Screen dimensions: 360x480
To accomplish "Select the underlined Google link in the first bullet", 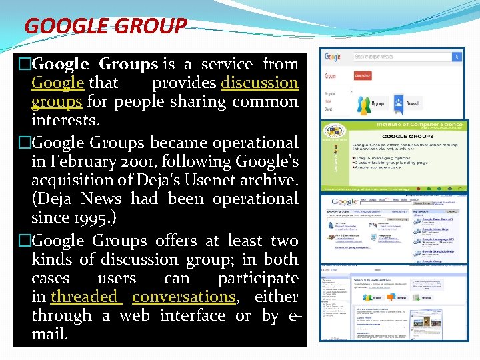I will [x=57, y=83].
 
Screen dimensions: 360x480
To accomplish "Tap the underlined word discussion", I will [x=259, y=83].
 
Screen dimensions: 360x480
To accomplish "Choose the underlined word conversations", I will [x=183, y=297].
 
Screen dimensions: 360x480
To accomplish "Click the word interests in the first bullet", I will [x=65, y=121].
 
